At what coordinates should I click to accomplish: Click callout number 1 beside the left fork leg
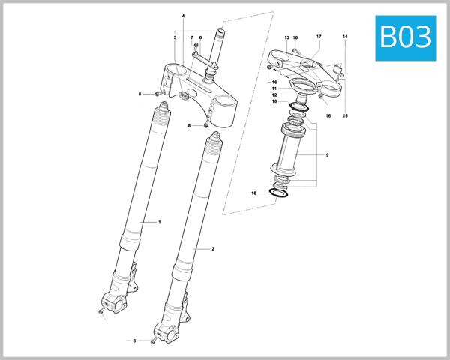[159, 222]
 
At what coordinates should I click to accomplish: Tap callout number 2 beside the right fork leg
[213, 248]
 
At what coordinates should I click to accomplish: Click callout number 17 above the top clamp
[319, 37]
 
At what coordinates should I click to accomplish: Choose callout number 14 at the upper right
[346, 37]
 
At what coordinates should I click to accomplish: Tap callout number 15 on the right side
[346, 115]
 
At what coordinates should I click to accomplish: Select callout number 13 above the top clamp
[286, 37]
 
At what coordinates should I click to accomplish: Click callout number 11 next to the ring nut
[274, 88]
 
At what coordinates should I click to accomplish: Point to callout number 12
[274, 95]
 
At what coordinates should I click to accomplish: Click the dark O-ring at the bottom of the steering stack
[280, 193]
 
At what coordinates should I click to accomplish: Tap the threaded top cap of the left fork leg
[160, 114]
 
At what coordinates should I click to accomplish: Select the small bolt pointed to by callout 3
[152, 341]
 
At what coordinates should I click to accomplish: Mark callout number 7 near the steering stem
[192, 37]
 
